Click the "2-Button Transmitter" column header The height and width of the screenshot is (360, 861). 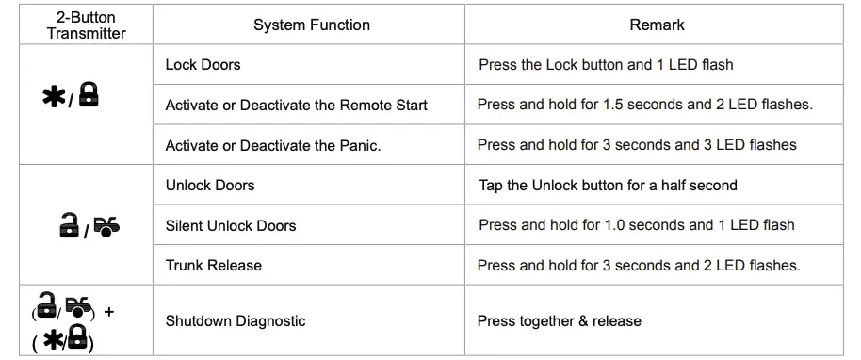tap(86, 25)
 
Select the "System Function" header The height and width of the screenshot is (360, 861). tap(312, 25)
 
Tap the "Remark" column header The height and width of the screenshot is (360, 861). tap(657, 25)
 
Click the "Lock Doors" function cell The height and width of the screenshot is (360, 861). tap(203, 65)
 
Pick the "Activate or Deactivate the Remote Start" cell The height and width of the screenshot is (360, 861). tap(296, 105)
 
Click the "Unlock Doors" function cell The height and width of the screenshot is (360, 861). tap(210, 186)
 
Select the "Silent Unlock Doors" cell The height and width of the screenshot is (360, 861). tap(231, 225)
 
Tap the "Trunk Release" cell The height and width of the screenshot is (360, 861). tap(214, 266)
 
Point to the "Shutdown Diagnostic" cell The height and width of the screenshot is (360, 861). tap(236, 321)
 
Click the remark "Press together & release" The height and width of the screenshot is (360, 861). tap(559, 321)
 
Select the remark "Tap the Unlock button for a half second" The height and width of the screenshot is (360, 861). tap(608, 186)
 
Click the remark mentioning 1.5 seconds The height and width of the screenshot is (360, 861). tap(644, 105)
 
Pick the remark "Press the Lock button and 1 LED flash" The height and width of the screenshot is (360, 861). tap(606, 65)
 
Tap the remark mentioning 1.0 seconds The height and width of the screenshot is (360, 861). tap(636, 225)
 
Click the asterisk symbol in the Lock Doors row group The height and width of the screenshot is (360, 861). tap(54, 98)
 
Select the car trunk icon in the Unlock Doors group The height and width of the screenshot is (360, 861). tap(107, 226)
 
